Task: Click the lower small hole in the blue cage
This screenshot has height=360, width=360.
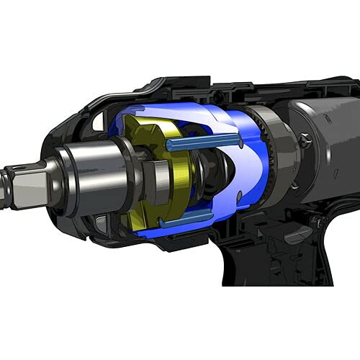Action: tap(239, 196)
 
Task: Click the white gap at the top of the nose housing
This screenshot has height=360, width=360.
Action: tap(98, 122)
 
